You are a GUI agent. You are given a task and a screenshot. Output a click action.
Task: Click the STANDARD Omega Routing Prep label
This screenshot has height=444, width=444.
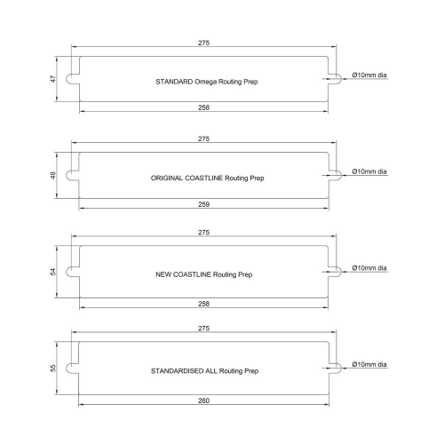coord(207,82)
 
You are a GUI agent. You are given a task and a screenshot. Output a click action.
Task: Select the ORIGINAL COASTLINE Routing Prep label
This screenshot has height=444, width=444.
coord(207,178)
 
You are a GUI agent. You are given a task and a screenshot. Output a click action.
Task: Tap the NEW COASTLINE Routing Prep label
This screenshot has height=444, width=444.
coord(204,274)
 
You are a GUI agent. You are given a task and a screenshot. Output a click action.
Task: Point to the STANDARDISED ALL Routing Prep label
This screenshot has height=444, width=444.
coord(205,371)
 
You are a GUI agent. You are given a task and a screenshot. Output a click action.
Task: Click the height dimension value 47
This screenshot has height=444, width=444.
coord(53,79)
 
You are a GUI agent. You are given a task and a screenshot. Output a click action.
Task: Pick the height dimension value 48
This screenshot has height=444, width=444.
coord(53,176)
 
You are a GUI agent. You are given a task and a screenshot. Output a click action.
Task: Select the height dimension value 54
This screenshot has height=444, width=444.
coord(53,272)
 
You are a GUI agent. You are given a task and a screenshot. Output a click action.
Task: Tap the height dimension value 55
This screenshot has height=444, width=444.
coord(53,369)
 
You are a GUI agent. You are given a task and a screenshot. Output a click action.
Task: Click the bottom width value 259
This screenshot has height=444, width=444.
coord(203,204)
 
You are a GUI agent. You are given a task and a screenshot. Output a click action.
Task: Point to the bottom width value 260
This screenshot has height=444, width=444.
coord(203,400)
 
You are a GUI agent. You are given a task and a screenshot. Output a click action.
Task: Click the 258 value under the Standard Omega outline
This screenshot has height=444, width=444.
coord(203,107)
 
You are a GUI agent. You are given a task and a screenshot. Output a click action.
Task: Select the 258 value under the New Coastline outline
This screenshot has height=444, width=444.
coord(203,304)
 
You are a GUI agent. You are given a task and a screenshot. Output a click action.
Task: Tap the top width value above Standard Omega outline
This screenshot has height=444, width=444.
coord(203,43)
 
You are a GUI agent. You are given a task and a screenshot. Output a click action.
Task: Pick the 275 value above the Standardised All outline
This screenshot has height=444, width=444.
coord(203,329)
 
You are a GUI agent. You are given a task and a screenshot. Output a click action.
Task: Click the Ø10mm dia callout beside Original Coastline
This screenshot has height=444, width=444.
coord(369,171)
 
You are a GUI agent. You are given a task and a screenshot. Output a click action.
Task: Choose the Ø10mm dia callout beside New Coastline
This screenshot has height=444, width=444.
coord(369,268)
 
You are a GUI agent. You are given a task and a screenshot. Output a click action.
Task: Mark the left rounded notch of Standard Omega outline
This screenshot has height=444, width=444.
coord(67,79)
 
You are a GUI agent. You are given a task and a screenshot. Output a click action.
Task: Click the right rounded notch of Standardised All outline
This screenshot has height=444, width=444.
coord(341,369)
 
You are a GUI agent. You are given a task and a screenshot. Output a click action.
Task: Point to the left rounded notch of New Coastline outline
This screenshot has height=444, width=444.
coord(67,272)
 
